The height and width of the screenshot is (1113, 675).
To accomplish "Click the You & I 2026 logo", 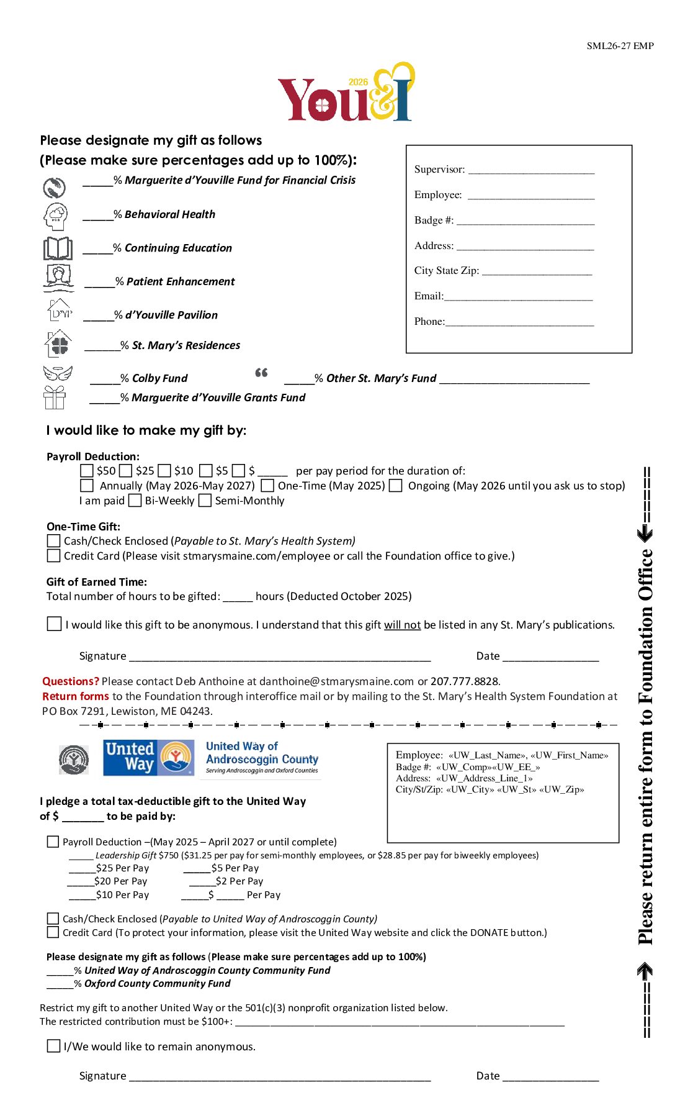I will coord(346,93).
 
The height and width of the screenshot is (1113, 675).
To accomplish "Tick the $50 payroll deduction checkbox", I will coord(87,471).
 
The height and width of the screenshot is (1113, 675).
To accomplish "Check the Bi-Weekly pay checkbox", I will coord(135,501).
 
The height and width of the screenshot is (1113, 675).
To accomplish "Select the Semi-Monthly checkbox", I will coord(205,501).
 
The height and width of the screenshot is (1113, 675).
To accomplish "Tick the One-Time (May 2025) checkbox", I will coord(268,486).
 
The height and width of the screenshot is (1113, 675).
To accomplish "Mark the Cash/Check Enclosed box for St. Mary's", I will coord(54,541).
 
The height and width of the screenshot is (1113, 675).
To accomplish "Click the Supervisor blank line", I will coord(531,170).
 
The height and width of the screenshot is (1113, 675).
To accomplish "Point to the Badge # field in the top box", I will coord(525,221).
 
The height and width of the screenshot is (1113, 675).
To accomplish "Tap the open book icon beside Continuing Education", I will coord(58,248).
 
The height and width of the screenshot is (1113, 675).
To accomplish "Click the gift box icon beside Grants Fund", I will coord(55,397).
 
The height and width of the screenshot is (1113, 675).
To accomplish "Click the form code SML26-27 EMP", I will coord(620,46).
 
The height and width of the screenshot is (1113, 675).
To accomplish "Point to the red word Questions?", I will coord(71,681).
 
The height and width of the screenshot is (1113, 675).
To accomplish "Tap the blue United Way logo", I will coord(149,758).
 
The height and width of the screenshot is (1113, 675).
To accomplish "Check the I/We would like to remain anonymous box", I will coord(54,1047).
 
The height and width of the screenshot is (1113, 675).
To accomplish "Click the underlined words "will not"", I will coord(402,625).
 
